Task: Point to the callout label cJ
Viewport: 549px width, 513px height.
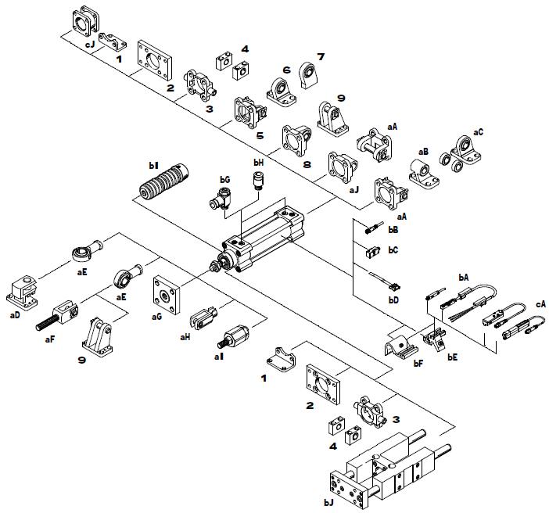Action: (x=90, y=45)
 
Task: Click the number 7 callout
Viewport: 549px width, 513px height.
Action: (x=320, y=57)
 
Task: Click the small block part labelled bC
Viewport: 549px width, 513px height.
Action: (x=373, y=251)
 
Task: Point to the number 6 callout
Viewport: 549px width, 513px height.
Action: (x=286, y=70)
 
